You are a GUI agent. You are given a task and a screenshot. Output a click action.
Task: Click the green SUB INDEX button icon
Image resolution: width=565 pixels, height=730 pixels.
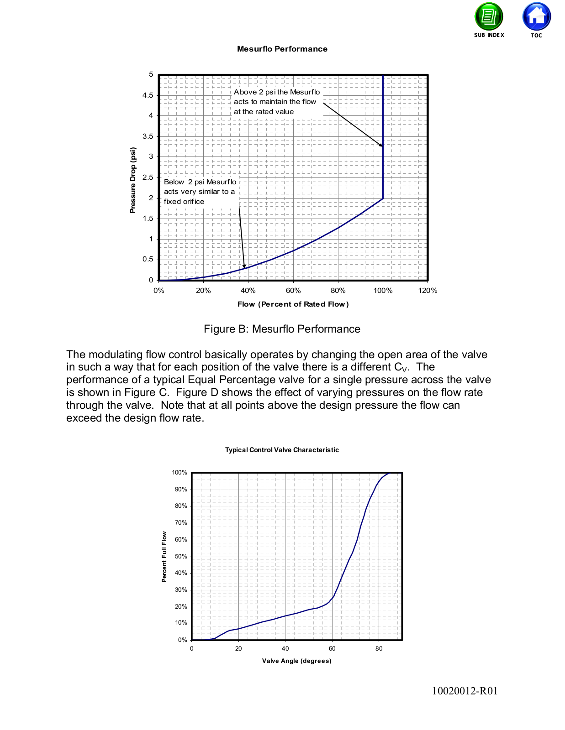(489, 16)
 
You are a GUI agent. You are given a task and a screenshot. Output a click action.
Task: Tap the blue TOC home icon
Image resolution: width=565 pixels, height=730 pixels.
(536, 16)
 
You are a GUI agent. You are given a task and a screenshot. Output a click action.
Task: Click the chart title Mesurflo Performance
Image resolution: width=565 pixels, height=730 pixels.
(282, 49)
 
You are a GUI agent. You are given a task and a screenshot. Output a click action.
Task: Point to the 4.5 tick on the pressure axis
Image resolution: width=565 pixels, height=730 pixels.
(148, 95)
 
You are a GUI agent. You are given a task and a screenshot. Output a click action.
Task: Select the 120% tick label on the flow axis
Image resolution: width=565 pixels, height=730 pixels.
(428, 291)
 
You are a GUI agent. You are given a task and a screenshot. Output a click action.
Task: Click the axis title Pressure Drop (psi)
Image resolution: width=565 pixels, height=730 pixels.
(133, 180)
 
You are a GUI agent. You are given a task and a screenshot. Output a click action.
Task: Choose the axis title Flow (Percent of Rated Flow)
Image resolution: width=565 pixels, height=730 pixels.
(293, 304)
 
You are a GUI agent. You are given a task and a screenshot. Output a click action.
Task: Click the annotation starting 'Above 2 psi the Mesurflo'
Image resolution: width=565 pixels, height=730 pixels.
(277, 102)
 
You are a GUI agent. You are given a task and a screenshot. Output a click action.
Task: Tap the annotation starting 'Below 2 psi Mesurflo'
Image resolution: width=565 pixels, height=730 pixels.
(200, 192)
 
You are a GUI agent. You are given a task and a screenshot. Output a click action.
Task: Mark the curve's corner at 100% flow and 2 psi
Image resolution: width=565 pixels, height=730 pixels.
(383, 198)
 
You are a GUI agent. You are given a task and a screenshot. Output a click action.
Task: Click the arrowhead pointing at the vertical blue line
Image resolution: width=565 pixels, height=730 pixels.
(381, 145)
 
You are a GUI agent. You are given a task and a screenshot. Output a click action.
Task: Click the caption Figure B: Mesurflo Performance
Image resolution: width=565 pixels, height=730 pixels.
(282, 329)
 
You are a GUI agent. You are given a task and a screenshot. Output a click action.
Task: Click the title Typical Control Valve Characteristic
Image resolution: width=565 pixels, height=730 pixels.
(282, 450)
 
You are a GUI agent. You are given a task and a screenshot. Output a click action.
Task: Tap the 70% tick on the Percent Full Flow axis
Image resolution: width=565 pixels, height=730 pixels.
(180, 523)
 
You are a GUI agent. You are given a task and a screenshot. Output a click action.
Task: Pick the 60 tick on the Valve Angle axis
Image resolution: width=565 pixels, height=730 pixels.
(332, 649)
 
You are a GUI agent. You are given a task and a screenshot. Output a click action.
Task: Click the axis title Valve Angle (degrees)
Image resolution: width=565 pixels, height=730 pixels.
(296, 661)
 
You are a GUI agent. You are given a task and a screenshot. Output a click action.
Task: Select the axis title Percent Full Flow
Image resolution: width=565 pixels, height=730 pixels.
(164, 557)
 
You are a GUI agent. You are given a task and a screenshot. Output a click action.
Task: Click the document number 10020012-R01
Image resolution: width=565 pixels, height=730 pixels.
(465, 691)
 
